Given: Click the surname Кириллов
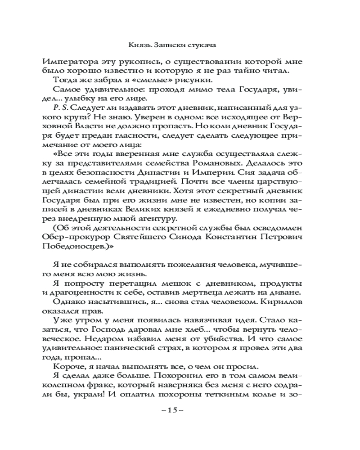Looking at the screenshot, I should point(279,302).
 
